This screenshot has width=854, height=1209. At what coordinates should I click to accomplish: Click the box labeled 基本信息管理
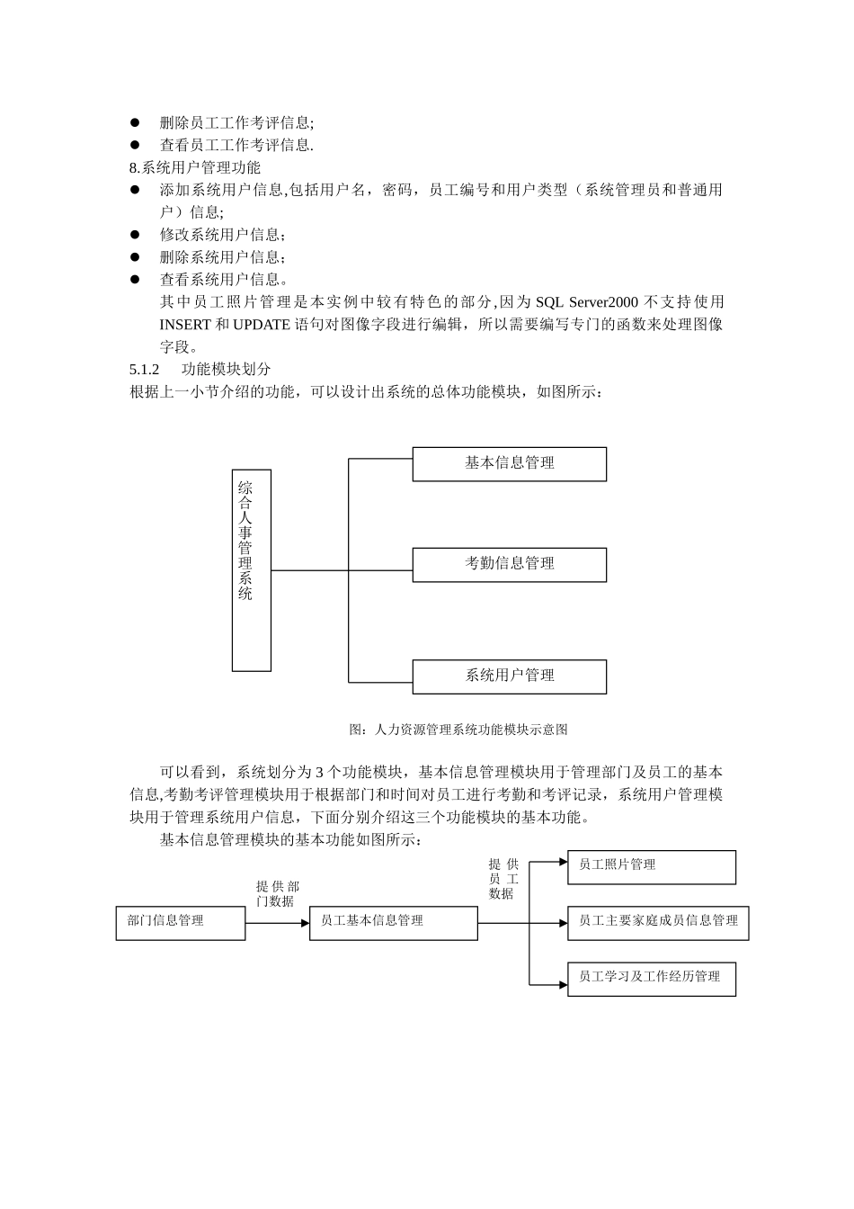(509, 464)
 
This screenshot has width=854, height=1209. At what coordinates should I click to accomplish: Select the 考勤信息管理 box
(509, 565)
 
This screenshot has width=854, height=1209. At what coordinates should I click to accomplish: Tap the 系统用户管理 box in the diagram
(509, 676)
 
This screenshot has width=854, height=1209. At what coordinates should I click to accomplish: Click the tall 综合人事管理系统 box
(252, 570)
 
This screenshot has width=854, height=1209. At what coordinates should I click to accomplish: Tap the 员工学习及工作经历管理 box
(651, 979)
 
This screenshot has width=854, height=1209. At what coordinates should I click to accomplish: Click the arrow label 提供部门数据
(277, 893)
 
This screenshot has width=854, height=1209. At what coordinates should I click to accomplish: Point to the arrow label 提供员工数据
(503, 879)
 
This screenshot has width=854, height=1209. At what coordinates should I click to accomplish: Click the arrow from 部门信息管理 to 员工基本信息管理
(277, 922)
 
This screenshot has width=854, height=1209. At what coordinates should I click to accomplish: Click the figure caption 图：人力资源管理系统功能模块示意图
(458, 730)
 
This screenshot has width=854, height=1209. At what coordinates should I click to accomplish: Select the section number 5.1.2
(145, 370)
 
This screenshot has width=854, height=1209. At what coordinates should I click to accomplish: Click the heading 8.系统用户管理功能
(195, 167)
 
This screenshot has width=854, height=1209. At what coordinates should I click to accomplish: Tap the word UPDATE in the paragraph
(262, 325)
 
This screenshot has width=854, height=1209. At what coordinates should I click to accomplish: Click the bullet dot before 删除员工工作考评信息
(135, 122)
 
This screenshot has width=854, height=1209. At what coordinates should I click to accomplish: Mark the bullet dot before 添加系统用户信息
(135, 190)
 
